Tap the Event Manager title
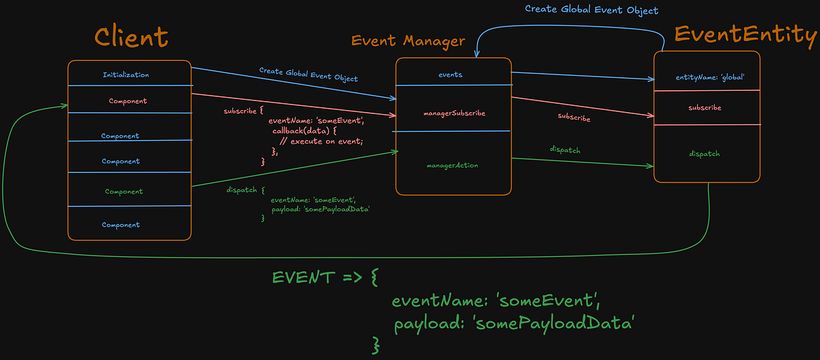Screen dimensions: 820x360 (x=408, y=40)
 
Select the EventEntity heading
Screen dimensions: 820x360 (x=746, y=35)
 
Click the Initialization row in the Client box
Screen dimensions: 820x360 (x=126, y=74)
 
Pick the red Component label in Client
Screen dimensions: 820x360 (x=128, y=101)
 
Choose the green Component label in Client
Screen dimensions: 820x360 (x=124, y=191)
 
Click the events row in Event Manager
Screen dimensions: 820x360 (x=450, y=74)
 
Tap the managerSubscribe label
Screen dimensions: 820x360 (x=454, y=113)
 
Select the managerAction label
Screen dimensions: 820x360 (x=452, y=165)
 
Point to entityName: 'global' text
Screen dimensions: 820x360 (x=710, y=77)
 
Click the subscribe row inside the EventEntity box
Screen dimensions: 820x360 (x=705, y=107)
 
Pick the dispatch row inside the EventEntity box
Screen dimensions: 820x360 (x=705, y=154)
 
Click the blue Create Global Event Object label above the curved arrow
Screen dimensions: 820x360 (x=592, y=10)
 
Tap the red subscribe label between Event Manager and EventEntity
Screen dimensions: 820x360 (x=574, y=117)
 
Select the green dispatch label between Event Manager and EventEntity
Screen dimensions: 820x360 (x=565, y=150)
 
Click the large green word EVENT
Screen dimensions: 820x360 (x=303, y=277)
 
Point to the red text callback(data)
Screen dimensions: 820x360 (x=301, y=130)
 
